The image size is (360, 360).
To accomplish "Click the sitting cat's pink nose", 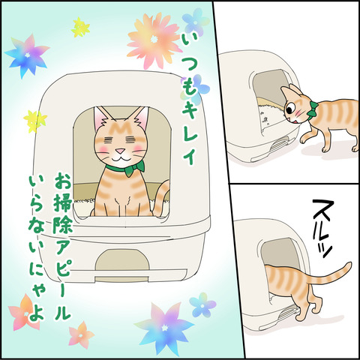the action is [x=121, y=151].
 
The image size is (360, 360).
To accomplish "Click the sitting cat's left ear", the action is [x=102, y=118].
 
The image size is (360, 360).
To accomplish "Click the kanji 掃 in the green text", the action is [x=62, y=202].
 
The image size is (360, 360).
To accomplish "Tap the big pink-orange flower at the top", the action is [x=153, y=40].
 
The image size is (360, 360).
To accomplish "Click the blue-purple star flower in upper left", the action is [x=27, y=55].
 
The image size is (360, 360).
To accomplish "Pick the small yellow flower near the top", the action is [x=80, y=28].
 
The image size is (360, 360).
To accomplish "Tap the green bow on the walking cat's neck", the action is [x=312, y=109].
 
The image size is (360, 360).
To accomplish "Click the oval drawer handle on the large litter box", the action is [x=122, y=259].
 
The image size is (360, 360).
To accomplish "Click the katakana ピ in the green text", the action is [x=63, y=269].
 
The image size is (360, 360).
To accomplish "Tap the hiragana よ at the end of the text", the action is [x=37, y=312].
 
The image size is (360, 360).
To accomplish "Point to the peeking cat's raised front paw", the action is [x=306, y=137].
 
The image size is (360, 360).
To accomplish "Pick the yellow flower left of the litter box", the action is [x=35, y=121].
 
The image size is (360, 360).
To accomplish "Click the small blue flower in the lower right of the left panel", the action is [x=202, y=305].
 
